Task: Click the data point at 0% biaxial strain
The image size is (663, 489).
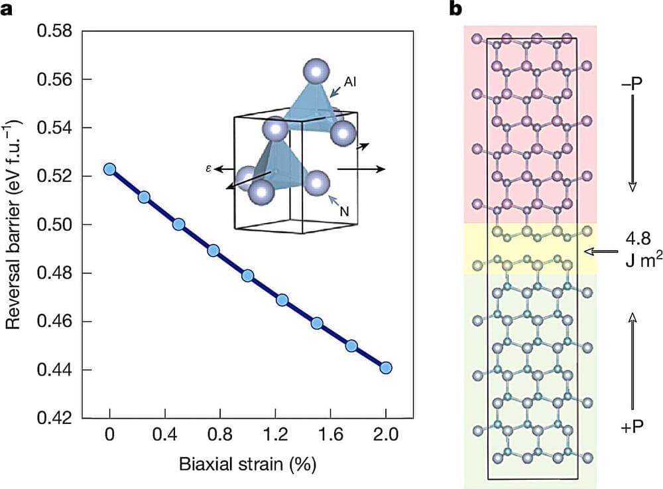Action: tap(110, 169)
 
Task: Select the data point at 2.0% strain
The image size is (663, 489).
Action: tap(386, 368)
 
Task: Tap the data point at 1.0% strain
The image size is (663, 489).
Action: tap(248, 276)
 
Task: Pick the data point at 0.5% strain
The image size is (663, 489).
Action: tap(178, 224)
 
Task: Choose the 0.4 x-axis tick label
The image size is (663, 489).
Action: tap(165, 437)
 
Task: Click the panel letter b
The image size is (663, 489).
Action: tap(455, 9)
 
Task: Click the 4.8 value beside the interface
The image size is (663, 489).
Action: tap(635, 239)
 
